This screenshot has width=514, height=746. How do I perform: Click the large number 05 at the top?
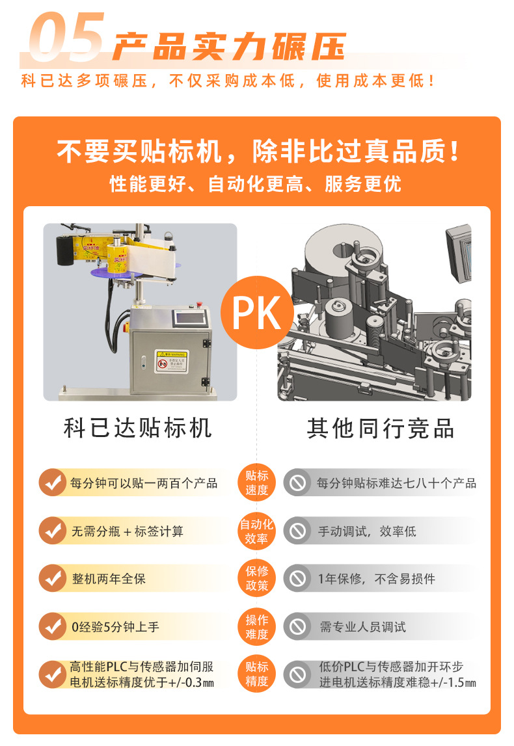(x=66, y=36)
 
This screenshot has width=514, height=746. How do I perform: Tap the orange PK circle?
(x=257, y=313)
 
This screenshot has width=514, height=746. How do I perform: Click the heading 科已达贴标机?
(x=138, y=428)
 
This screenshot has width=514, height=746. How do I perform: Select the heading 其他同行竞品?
(x=380, y=428)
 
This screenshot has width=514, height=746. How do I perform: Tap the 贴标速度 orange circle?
(x=256, y=483)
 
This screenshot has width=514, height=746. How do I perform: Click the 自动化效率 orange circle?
(x=256, y=531)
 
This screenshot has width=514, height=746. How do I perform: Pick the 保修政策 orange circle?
(x=256, y=578)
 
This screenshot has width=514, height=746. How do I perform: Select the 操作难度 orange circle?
(x=256, y=626)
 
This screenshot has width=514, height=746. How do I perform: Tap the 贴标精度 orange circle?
(x=256, y=674)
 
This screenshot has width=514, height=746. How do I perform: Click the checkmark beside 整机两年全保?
(x=53, y=578)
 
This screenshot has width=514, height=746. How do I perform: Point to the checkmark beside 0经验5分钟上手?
(x=53, y=626)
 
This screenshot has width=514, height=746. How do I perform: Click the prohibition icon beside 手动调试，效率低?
(x=297, y=531)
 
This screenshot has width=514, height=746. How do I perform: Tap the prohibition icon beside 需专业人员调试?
(x=297, y=626)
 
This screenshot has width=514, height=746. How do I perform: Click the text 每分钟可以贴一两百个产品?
(x=144, y=483)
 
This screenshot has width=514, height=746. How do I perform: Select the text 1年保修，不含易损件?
(x=377, y=579)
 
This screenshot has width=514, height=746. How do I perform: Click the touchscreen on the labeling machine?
(x=190, y=317)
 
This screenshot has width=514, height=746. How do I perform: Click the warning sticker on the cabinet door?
(x=172, y=361)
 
